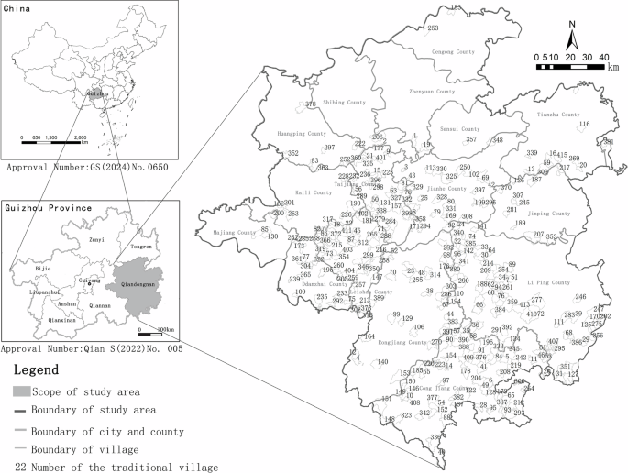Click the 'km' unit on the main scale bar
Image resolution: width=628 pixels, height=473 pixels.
(612, 67)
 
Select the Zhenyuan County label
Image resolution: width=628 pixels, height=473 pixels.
(431, 92)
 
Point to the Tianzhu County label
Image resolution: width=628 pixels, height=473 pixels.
(558, 115)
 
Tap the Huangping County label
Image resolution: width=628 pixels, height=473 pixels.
(302, 134)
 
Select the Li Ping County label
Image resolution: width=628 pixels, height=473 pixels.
(550, 283)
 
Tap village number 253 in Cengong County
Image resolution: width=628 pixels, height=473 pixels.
(434, 28)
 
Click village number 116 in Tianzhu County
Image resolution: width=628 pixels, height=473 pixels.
(583, 124)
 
